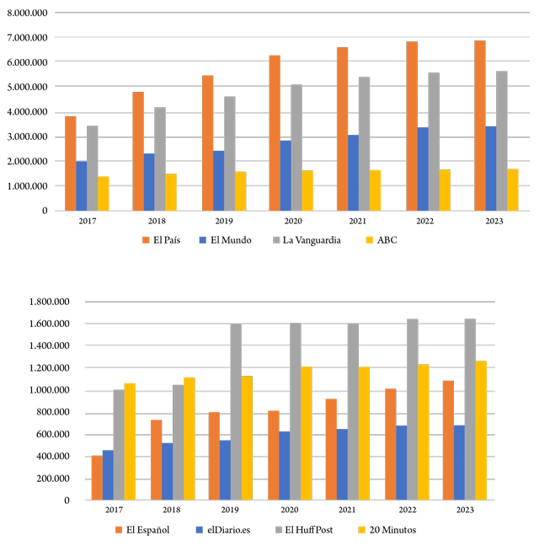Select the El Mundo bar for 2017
pyautogui.click(x=82, y=185)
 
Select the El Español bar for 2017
pyautogui.click(x=97, y=478)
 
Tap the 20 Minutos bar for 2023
pyautogui.click(x=480, y=431)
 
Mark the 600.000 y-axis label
pyautogui.click(x=54, y=434)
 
